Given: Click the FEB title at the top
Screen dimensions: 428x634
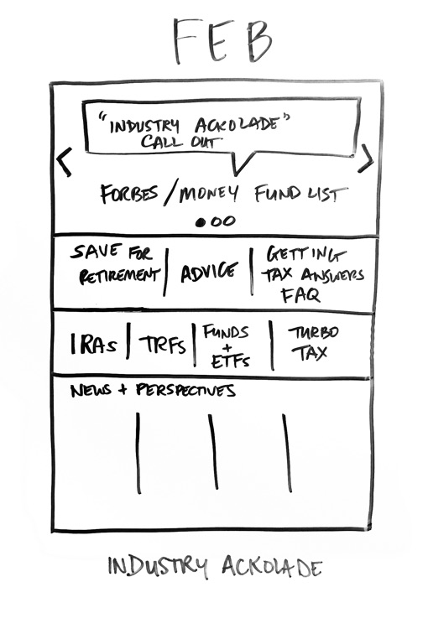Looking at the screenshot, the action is coord(222,40).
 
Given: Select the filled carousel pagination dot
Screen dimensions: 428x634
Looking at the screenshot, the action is coord(200,222).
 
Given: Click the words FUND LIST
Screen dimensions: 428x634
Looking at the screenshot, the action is coord(301,194).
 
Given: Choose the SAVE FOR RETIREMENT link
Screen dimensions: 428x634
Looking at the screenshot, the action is coord(116,265).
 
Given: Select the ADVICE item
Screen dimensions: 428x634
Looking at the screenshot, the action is coord(209,272).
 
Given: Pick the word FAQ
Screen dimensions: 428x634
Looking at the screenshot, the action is coord(300,294).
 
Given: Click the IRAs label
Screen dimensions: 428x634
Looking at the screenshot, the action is coord(94,344).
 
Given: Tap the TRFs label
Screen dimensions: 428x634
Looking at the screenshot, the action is coord(163,345).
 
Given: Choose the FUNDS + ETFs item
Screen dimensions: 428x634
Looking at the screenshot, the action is coord(227,346).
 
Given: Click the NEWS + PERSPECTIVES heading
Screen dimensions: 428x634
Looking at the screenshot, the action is coord(153,390).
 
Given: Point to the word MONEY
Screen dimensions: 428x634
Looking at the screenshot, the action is coord(209,194).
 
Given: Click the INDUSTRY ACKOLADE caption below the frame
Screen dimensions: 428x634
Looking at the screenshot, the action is coord(215,566).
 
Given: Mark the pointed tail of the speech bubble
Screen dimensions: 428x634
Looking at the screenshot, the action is coord(236,174).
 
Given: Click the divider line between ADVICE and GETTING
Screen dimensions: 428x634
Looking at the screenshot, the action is coord(252,271).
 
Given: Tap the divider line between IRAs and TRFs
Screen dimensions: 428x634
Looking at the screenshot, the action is coord(128,340).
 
